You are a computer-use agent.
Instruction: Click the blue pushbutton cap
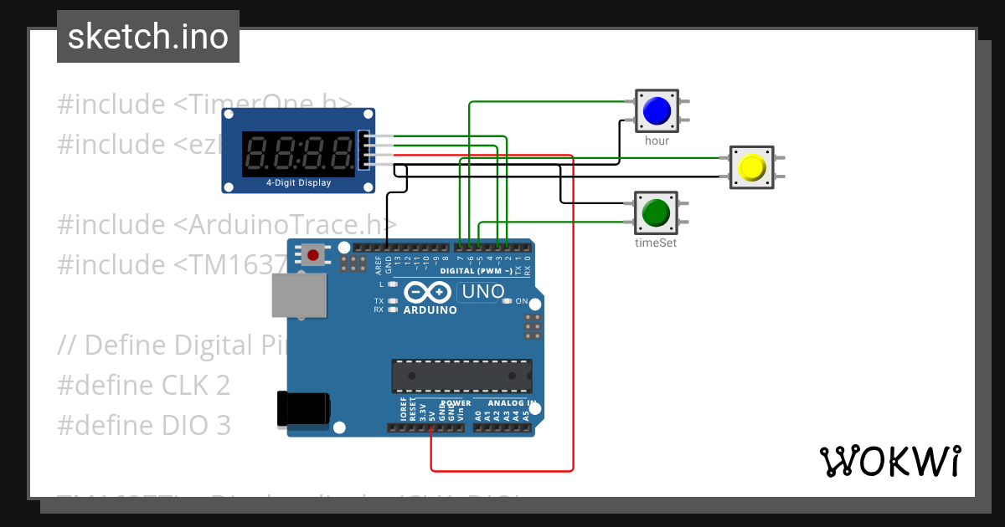656,110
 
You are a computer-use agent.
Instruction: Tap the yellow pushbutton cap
751,167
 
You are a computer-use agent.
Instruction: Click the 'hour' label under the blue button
657,141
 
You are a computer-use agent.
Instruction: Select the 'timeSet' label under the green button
656,243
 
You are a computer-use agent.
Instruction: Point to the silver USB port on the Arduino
299,296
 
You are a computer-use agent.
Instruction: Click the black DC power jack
303,409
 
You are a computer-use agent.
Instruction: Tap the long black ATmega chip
461,376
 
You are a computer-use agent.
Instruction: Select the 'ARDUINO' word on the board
430,310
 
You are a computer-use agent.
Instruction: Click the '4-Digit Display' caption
298,183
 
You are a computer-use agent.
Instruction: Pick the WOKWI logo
889,462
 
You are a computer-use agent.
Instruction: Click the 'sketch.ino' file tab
148,37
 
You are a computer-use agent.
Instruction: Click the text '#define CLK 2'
143,385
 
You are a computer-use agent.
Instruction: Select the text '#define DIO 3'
143,426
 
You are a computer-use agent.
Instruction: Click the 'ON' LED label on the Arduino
522,301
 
